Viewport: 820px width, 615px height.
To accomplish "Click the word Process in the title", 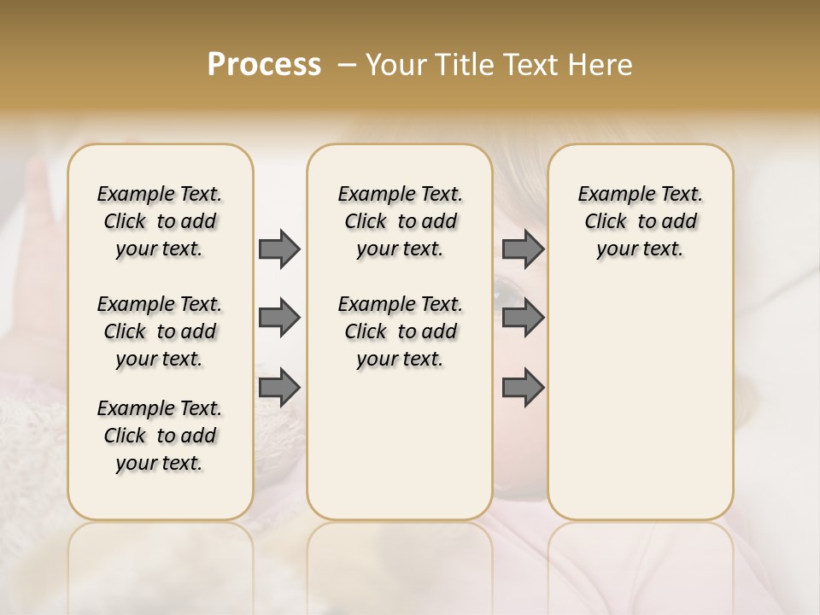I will (x=264, y=65).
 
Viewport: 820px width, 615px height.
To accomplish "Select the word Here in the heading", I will (x=600, y=65).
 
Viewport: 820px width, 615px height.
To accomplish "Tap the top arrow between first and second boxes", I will (x=279, y=249).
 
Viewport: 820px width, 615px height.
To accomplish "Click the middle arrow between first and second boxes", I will (x=279, y=318).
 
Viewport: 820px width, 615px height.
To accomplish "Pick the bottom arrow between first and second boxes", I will (x=279, y=388).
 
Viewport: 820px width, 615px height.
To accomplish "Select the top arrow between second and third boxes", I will (x=523, y=249).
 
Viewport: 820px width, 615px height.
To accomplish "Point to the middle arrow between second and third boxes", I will (x=523, y=318).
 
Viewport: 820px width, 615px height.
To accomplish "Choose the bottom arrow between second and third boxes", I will (x=523, y=388).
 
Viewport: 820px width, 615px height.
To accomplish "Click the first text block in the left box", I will (x=160, y=221).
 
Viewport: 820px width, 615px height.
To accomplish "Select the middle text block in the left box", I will (x=160, y=331).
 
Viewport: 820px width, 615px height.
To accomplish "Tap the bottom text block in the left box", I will (x=160, y=436).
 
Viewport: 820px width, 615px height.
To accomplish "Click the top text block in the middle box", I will (x=401, y=221).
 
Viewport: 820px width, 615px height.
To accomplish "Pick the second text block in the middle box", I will (x=401, y=331).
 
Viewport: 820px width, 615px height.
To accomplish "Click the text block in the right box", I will (x=641, y=221).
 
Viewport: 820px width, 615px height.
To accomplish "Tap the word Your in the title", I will (x=395, y=65).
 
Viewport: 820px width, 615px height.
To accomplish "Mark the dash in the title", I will (x=347, y=65).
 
